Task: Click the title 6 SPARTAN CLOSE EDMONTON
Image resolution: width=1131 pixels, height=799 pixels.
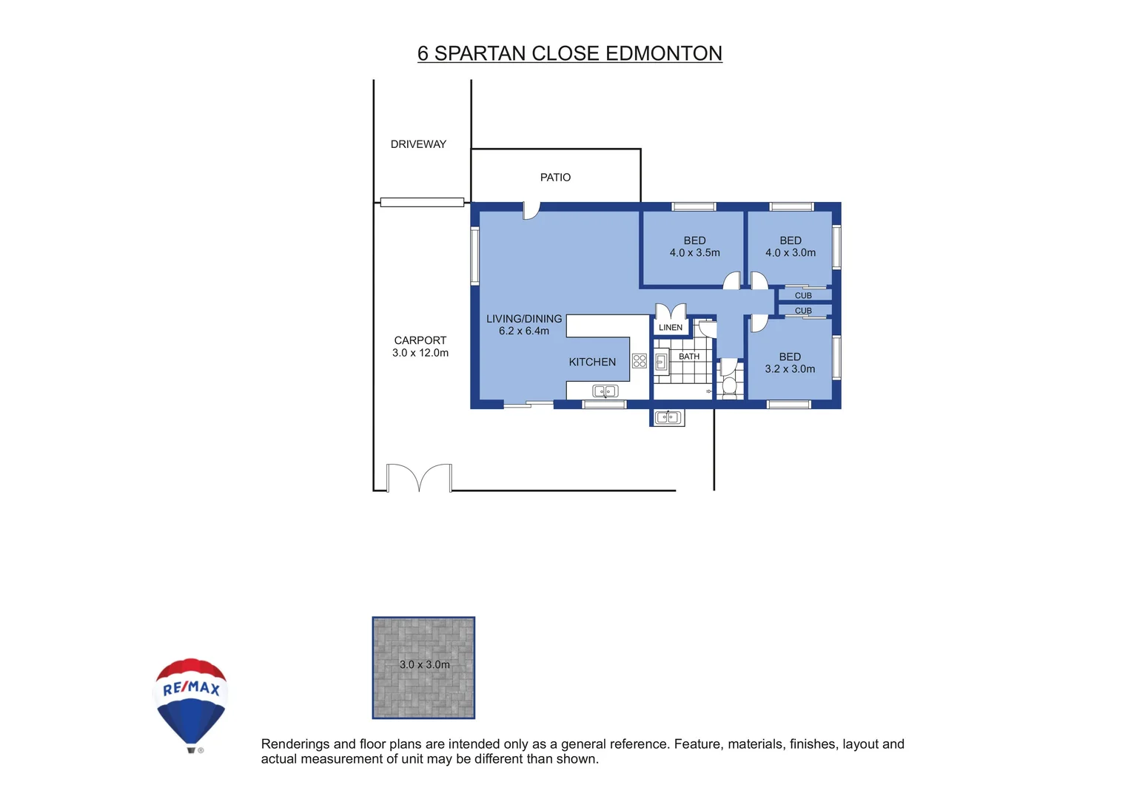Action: tap(569, 53)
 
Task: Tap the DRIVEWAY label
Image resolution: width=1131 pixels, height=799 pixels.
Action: tap(418, 144)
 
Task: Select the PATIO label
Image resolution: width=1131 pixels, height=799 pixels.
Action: tap(555, 178)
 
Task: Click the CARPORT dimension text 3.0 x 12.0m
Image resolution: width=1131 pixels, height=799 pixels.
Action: tap(420, 354)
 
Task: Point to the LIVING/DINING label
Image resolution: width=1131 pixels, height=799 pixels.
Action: tap(524, 319)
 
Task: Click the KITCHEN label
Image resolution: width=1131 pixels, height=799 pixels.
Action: tap(592, 362)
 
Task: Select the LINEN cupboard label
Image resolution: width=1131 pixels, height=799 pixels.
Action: tap(671, 328)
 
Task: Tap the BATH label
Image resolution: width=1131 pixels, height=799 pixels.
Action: tap(689, 357)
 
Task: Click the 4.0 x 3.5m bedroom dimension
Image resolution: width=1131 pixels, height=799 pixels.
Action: tap(694, 253)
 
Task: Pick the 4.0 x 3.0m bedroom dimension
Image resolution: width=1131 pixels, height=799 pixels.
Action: tap(791, 253)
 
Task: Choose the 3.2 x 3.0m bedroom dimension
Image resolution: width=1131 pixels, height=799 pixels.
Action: tap(790, 369)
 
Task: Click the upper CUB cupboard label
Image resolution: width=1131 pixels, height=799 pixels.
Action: tap(803, 295)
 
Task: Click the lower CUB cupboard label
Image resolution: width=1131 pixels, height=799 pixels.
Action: tap(803, 311)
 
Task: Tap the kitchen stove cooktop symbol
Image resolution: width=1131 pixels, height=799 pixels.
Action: tap(640, 361)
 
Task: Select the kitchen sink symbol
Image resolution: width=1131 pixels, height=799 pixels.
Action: tap(605, 391)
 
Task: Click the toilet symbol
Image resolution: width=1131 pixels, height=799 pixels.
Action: tap(729, 385)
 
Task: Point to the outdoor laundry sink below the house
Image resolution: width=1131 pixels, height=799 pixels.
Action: tap(668, 418)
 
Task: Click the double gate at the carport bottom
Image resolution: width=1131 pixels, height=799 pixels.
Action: tap(419, 477)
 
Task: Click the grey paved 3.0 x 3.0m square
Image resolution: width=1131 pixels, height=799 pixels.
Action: tap(423, 668)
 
